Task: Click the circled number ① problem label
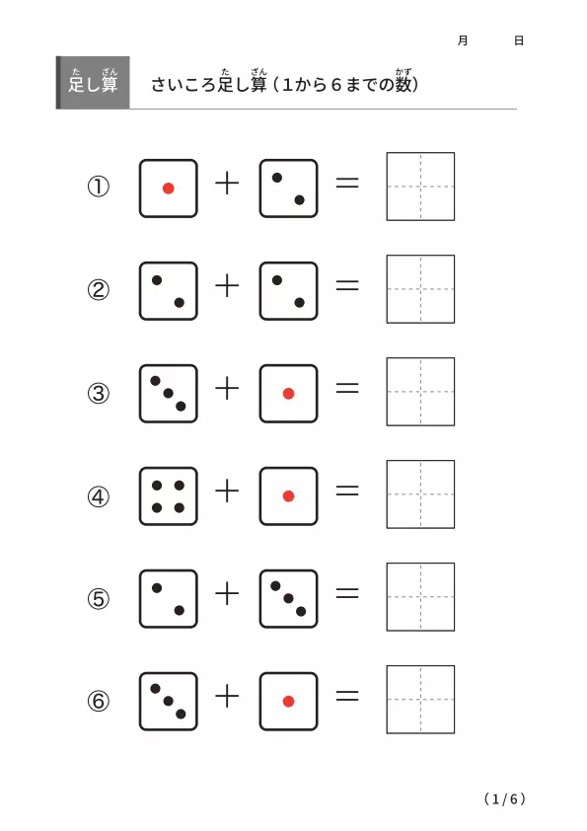(99, 187)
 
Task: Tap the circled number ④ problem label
(99, 496)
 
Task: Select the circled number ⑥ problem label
(99, 701)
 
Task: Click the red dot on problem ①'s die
(169, 189)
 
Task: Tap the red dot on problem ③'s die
(289, 393)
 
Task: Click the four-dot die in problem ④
(169, 496)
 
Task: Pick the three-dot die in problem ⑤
(289, 599)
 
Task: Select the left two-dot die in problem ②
(169, 291)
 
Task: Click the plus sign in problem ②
(227, 286)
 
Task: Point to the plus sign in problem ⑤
(227, 593)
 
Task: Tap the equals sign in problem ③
(347, 389)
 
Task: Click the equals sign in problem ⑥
(347, 696)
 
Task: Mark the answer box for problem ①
(420, 187)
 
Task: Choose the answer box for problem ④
(420, 494)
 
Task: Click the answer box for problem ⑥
(420, 700)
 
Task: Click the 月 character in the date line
(463, 40)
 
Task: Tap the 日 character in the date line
(519, 40)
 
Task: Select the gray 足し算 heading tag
(93, 83)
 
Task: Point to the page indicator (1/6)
(505, 798)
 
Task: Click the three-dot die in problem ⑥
(169, 701)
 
